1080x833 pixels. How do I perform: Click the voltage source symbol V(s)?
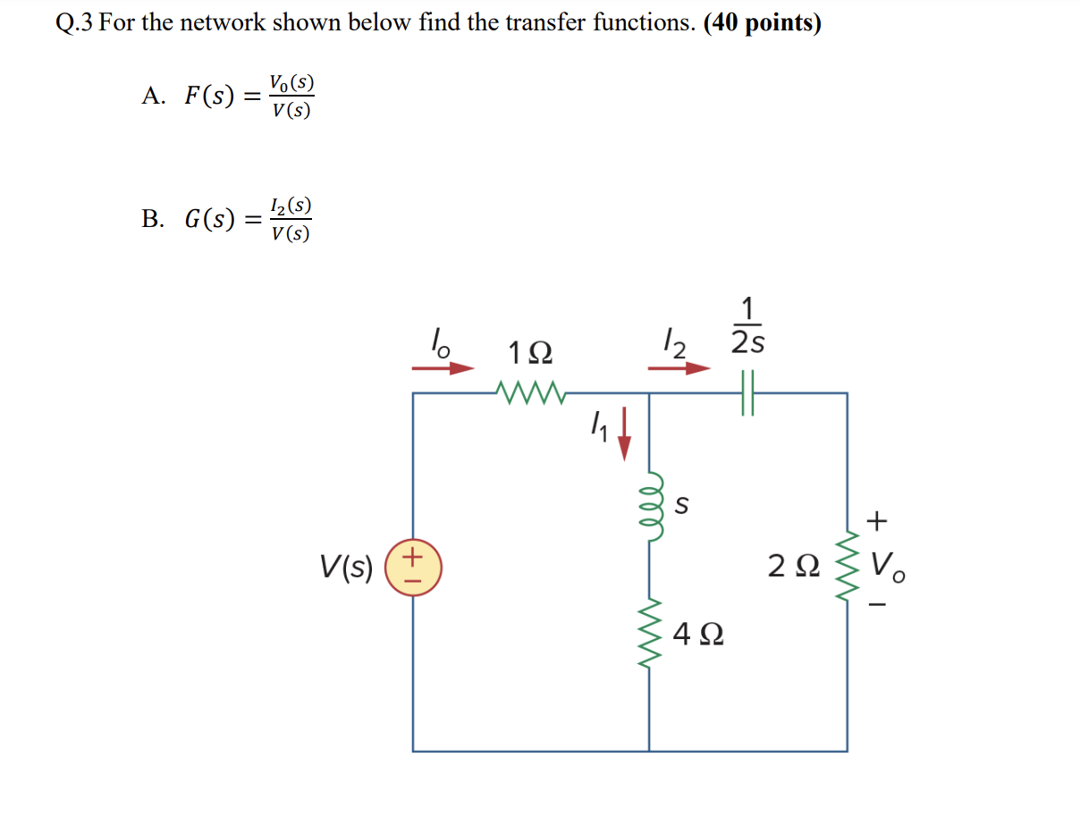(413, 568)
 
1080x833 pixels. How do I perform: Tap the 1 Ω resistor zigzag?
(529, 391)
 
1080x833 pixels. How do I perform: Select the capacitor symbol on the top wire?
(748, 392)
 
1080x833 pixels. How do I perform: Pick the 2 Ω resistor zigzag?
(847, 565)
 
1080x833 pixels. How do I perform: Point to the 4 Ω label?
(699, 635)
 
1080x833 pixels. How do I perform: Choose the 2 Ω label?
(792, 566)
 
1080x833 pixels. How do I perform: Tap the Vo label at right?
(889, 565)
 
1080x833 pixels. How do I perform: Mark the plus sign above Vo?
(880, 519)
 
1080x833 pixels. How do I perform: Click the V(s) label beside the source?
(346, 567)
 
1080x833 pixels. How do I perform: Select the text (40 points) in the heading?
(763, 23)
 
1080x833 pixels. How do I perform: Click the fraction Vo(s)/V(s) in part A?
(292, 97)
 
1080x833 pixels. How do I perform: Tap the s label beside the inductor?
(681, 506)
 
